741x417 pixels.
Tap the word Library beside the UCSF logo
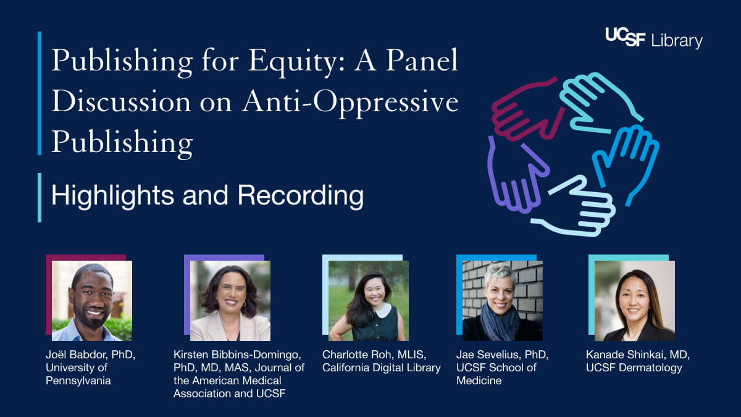677,41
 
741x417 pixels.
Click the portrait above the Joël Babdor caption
92,301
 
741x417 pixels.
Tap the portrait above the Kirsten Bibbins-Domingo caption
230,301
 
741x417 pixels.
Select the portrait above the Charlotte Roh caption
369,301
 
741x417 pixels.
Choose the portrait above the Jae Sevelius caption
503,301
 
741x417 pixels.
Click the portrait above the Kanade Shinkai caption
635,301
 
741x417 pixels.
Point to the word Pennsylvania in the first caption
78,381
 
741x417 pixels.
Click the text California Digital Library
382,368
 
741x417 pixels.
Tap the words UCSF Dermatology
634,368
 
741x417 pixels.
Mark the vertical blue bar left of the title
40,93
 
